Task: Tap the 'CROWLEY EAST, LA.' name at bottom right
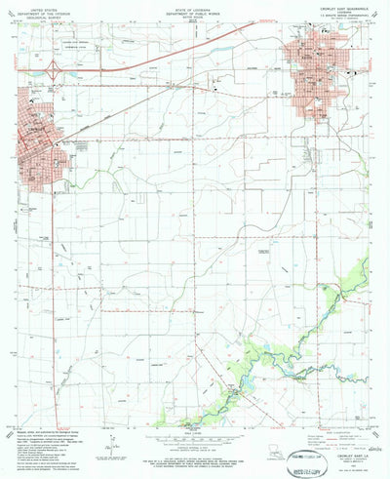point(342,445)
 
